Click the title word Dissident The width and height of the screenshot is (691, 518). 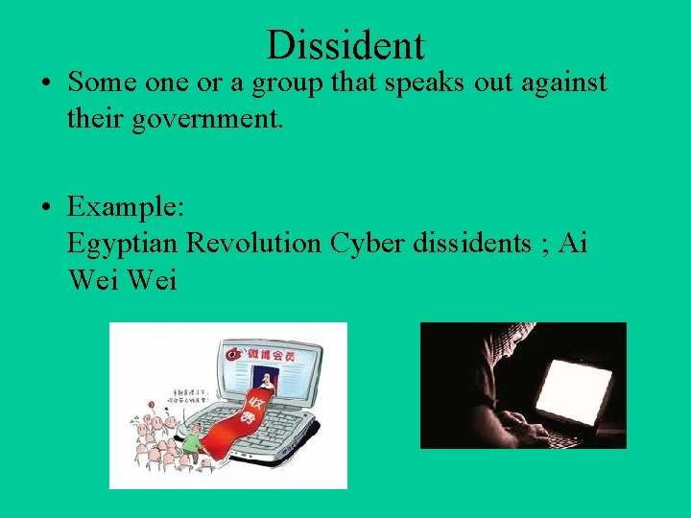click(345, 44)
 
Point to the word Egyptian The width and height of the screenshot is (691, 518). click(122, 244)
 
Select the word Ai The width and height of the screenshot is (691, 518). click(572, 244)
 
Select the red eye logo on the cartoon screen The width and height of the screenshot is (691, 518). click(233, 353)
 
